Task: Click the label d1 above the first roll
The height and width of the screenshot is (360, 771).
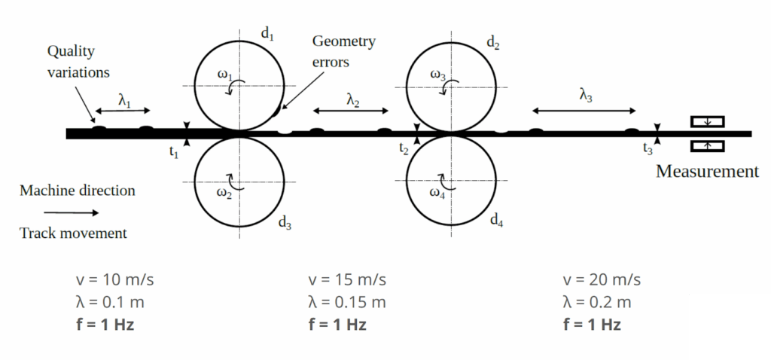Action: (x=267, y=34)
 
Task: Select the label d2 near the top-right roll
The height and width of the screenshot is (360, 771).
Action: (x=493, y=42)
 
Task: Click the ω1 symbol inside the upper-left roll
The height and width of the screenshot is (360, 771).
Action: (x=224, y=76)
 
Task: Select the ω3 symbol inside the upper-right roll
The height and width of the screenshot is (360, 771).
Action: (x=438, y=75)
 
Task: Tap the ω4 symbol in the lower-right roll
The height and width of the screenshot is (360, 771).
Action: (x=438, y=192)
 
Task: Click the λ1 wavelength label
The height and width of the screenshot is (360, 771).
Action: (x=124, y=100)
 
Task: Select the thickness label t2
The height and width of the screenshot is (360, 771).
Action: (x=404, y=149)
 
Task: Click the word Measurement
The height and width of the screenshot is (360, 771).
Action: (x=707, y=172)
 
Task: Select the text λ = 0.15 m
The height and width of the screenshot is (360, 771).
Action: (x=347, y=303)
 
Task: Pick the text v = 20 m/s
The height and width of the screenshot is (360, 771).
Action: (x=602, y=279)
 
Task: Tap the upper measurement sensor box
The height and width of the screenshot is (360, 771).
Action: (x=707, y=121)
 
